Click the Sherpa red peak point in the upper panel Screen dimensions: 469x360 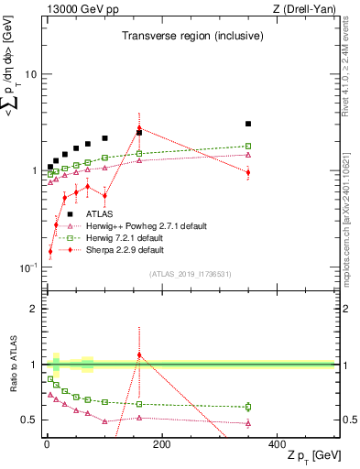pos(139,128)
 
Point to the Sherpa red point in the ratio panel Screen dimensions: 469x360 pos(139,354)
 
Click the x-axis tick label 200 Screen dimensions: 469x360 pos(162,445)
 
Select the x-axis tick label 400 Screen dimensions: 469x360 pos(278,445)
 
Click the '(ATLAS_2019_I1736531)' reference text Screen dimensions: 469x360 pos(190,274)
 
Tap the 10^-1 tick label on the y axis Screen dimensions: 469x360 pos(27,267)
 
